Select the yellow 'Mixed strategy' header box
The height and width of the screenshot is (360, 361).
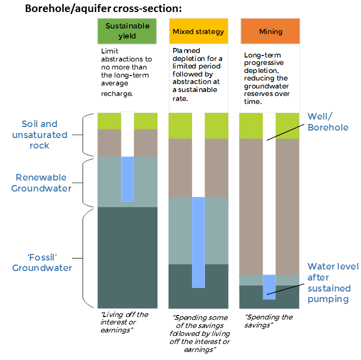pyautogui.click(x=198, y=31)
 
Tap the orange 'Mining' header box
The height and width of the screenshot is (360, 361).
pyautogui.click(x=270, y=31)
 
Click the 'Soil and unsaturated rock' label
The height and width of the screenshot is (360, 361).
pyautogui.click(x=39, y=134)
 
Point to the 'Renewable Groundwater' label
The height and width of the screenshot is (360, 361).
pyautogui.click(x=41, y=182)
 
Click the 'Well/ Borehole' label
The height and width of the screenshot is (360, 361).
pyautogui.click(x=327, y=121)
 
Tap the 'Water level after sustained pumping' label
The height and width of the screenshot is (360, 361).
pyautogui.click(x=332, y=282)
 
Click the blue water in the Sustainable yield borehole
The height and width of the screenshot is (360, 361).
pyautogui.click(x=127, y=179)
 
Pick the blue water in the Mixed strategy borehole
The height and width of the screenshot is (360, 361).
pyautogui.click(x=198, y=242)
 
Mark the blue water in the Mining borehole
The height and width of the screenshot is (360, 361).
pyautogui.click(x=269, y=286)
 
